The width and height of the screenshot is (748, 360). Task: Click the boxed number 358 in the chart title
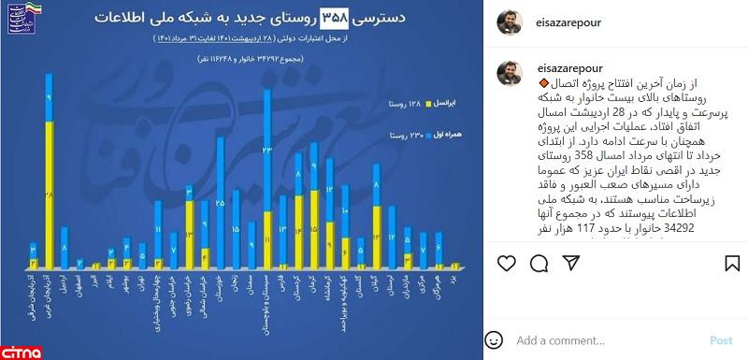tap(336, 17)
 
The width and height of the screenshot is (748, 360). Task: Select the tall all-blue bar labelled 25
tap(221, 201)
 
